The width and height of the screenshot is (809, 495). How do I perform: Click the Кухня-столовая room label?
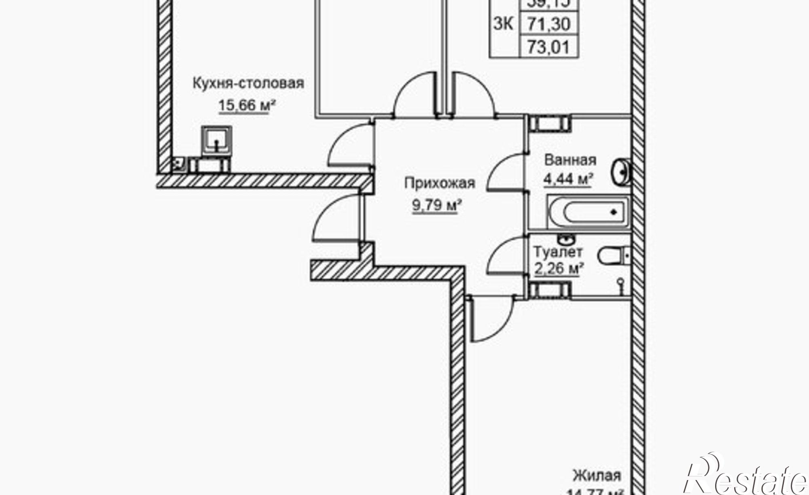tap(248, 84)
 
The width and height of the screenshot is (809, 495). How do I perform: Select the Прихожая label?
tap(440, 183)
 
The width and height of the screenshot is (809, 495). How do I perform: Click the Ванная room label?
tap(570, 160)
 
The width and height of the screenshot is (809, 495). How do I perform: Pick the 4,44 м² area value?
tap(568, 179)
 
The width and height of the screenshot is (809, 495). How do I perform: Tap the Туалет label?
tap(558, 252)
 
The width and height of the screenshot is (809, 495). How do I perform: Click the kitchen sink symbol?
tap(218, 140)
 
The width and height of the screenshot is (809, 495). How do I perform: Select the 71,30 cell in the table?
tap(549, 24)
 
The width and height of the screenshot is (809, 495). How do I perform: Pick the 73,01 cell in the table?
tap(549, 47)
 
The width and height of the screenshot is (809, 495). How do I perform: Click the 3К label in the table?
tap(504, 24)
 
